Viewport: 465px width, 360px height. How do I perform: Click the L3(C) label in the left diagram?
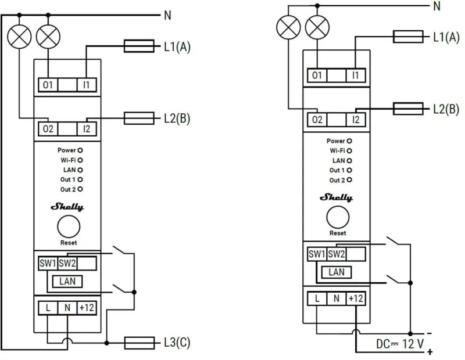(177, 343)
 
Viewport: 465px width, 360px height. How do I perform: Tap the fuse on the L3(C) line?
(139, 343)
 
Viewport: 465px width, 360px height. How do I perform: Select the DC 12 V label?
(400, 344)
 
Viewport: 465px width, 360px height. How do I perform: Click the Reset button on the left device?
(69, 226)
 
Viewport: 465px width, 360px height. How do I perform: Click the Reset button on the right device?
(338, 217)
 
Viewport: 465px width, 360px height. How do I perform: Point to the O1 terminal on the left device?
(48, 85)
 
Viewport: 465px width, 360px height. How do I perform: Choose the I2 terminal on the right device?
(356, 120)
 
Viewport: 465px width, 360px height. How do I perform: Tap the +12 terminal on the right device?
(356, 298)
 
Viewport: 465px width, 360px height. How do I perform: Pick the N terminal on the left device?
(67, 308)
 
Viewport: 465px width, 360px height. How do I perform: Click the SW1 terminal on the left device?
(48, 263)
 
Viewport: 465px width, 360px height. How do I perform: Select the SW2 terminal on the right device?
(337, 254)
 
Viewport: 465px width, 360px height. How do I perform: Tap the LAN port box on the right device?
(337, 272)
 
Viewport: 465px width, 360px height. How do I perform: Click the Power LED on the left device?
(80, 150)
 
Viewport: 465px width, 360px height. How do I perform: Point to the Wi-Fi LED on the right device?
(349, 151)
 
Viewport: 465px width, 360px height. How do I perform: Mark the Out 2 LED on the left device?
(80, 189)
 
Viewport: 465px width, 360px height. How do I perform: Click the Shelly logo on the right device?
(337, 197)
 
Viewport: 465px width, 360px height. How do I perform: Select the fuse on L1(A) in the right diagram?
(408, 37)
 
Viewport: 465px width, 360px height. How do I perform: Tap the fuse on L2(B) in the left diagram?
(139, 118)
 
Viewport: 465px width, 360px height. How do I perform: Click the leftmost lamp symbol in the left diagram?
(19, 37)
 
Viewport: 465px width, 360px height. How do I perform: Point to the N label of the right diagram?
(437, 6)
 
